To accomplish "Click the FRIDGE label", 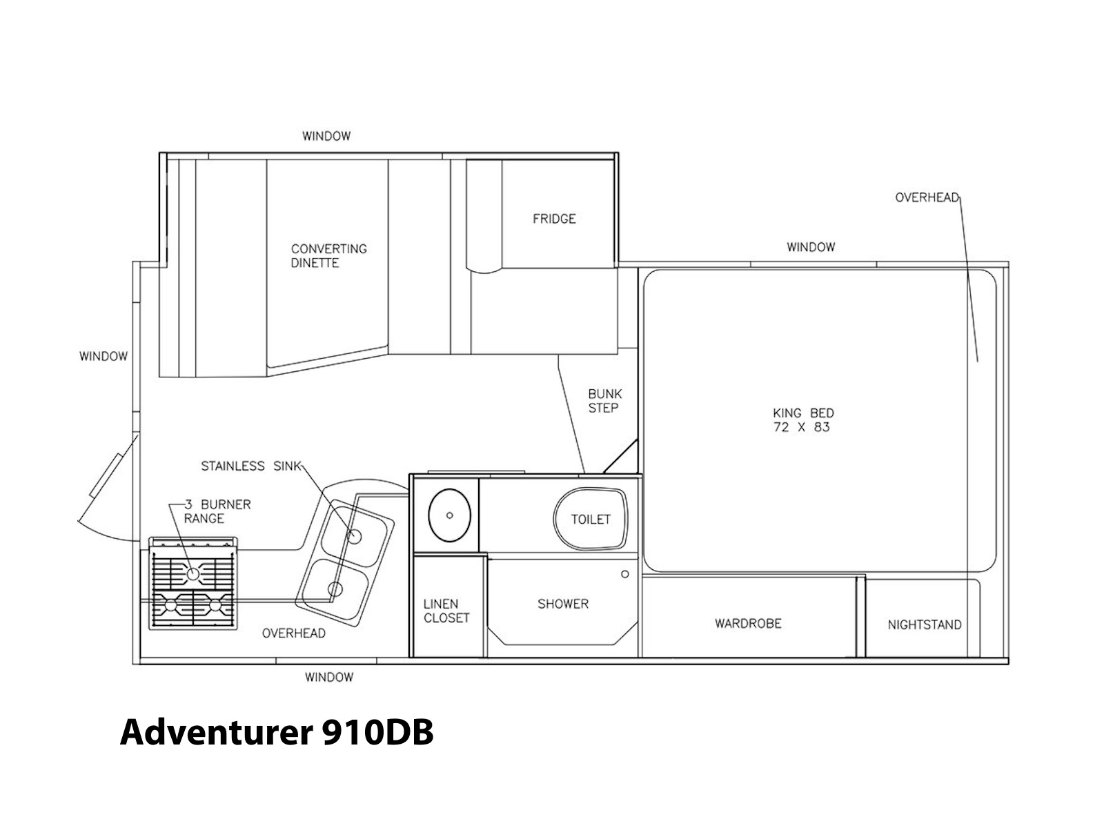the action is point(554,219).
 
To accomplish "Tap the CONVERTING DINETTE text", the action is point(329,256).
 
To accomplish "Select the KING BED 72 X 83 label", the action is point(803,420).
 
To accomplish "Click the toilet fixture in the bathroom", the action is point(591,519).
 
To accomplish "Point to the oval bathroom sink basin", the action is point(449,515).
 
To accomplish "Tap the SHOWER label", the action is point(563,604).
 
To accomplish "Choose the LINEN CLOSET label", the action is point(446,611).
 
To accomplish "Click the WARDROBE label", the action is point(748,623).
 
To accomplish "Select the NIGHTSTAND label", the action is point(925,625).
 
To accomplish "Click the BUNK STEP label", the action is point(605,401).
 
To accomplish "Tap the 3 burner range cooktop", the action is point(193,583).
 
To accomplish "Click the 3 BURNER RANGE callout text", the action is point(217,511).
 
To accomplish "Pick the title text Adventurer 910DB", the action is point(277,732).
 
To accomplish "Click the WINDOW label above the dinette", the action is point(326,136).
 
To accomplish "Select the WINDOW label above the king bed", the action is point(811,247).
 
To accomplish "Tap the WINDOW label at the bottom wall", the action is point(329,678).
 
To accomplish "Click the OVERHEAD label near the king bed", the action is point(927,197).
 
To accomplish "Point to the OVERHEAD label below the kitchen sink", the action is point(294,633).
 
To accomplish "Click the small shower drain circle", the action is point(624,574).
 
